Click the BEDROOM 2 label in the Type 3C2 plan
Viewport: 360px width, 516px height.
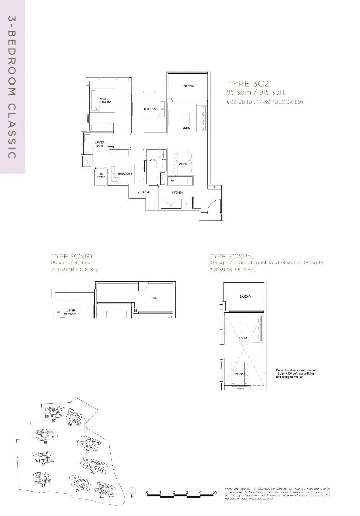[151, 109]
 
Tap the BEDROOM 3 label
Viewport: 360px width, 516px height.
[125, 174]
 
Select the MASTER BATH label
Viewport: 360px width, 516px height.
[99, 144]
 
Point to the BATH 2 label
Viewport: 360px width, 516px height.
[153, 160]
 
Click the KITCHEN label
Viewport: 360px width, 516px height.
[177, 193]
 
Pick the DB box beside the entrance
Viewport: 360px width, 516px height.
[214, 187]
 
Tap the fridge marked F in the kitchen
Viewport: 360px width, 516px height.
[186, 204]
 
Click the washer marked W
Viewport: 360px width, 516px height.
[172, 181]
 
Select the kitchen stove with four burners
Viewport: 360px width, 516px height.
[170, 204]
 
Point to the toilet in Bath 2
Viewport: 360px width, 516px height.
[160, 165]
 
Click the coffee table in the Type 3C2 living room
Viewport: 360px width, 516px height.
[186, 118]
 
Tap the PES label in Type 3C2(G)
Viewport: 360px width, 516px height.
[154, 298]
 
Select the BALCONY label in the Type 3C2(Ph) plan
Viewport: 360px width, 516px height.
[245, 297]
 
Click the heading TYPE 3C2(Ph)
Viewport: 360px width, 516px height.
[231, 256]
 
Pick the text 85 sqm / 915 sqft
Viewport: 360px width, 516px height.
[255, 92]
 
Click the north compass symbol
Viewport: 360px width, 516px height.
[132, 490]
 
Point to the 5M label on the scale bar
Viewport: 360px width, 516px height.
[215, 492]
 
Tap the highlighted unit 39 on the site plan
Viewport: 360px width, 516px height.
[78, 422]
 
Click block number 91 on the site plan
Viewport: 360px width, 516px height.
[87, 451]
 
